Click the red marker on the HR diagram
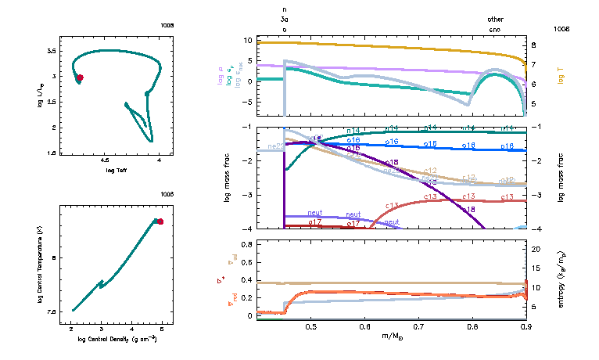point(80,77)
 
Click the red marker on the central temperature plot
point(160,221)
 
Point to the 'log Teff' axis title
point(117,170)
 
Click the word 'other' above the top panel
point(495,19)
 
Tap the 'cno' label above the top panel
point(495,29)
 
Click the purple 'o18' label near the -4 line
point(468,210)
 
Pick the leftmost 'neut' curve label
point(315,213)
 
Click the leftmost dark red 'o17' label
point(316,223)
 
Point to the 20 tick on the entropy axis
point(536,249)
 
